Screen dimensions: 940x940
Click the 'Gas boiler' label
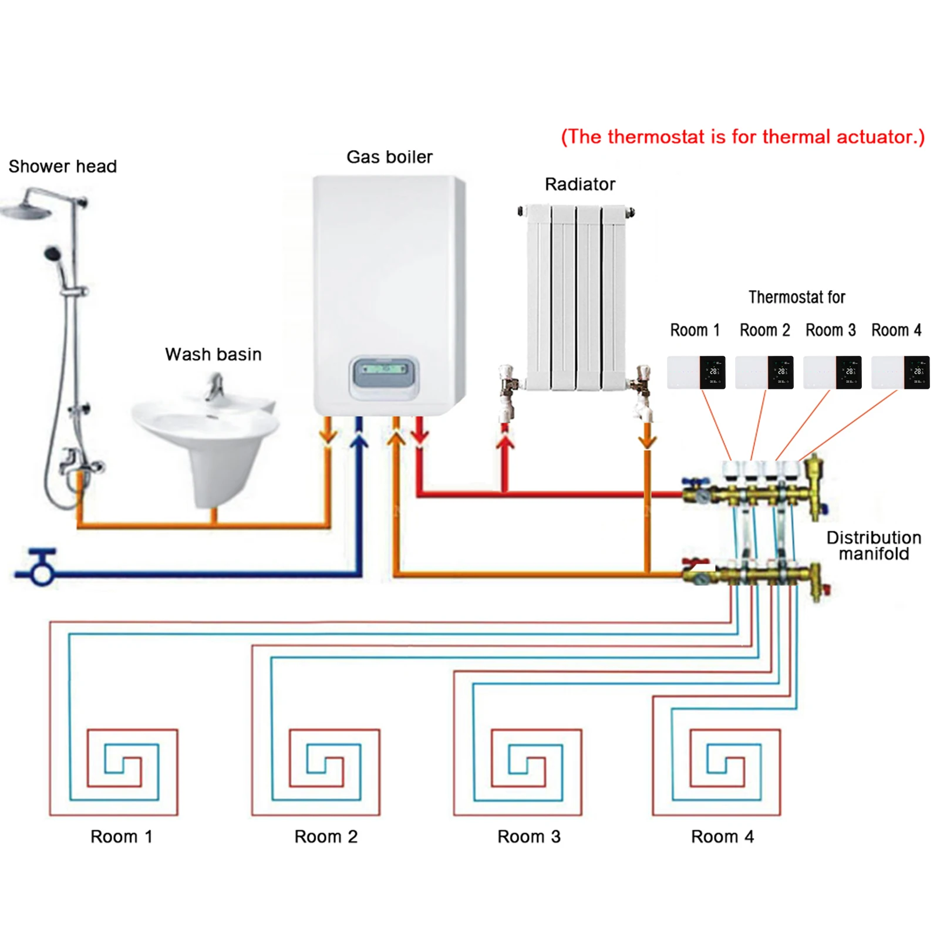(x=389, y=157)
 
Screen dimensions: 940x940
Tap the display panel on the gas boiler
(x=384, y=370)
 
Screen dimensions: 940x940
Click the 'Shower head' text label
(x=62, y=166)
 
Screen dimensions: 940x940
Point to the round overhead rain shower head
(x=26, y=210)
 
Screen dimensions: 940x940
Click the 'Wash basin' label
(x=213, y=354)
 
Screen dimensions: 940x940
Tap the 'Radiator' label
(x=580, y=184)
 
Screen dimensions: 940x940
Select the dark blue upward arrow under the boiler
(x=359, y=440)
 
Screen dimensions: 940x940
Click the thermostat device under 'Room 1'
(x=696, y=372)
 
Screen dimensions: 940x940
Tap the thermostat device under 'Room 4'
(x=900, y=372)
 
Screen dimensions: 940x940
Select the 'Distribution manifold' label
(x=873, y=545)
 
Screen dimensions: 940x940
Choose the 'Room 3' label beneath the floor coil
(x=528, y=836)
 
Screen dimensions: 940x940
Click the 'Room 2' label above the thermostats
(x=764, y=330)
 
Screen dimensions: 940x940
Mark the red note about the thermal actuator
(x=742, y=137)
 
